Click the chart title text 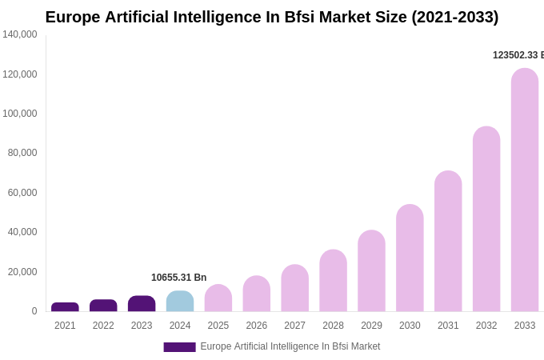(272, 17)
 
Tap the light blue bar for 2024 (180, 302)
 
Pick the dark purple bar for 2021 (65, 307)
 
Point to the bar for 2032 (486, 219)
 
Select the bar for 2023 (142, 304)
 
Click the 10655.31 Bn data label (178, 278)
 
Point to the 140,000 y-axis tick (19, 34)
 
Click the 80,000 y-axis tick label (19, 153)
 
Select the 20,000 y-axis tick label (19, 272)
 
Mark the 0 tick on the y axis (34, 311)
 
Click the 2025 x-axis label (218, 326)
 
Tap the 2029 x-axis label (371, 326)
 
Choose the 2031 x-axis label (448, 326)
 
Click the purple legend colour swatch (179, 347)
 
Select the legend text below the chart (290, 346)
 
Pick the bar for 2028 (333, 281)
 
